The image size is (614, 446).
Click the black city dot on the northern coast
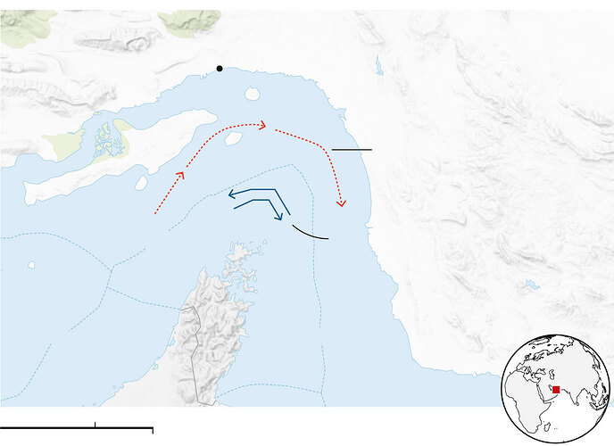220,69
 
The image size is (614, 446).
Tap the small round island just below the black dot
252,93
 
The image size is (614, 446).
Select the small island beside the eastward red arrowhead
233,138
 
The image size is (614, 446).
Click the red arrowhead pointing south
340,202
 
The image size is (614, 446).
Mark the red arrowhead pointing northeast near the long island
180,175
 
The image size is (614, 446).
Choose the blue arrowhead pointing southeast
279,215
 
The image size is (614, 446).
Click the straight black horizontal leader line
351,149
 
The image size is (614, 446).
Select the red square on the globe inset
556,390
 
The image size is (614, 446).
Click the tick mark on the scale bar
95,425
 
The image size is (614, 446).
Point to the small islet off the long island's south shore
141,182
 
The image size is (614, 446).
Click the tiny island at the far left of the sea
31,264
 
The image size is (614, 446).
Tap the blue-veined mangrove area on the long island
105,138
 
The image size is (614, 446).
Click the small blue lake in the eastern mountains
532,285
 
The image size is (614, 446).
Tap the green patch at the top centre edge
189,19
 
